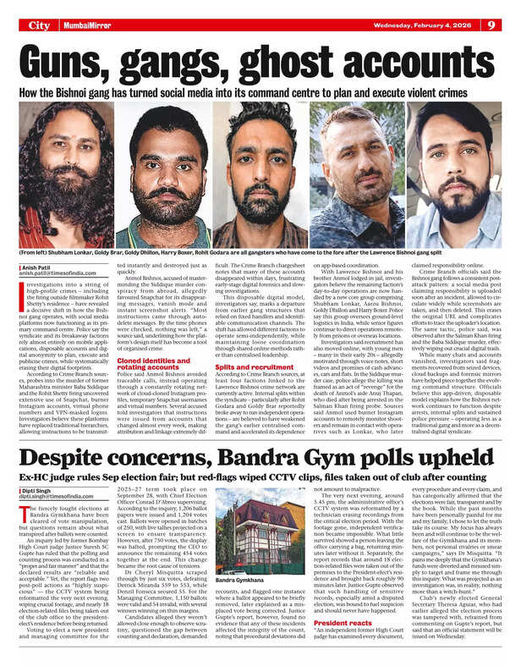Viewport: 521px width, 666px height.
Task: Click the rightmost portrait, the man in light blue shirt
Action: (x=461, y=178)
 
